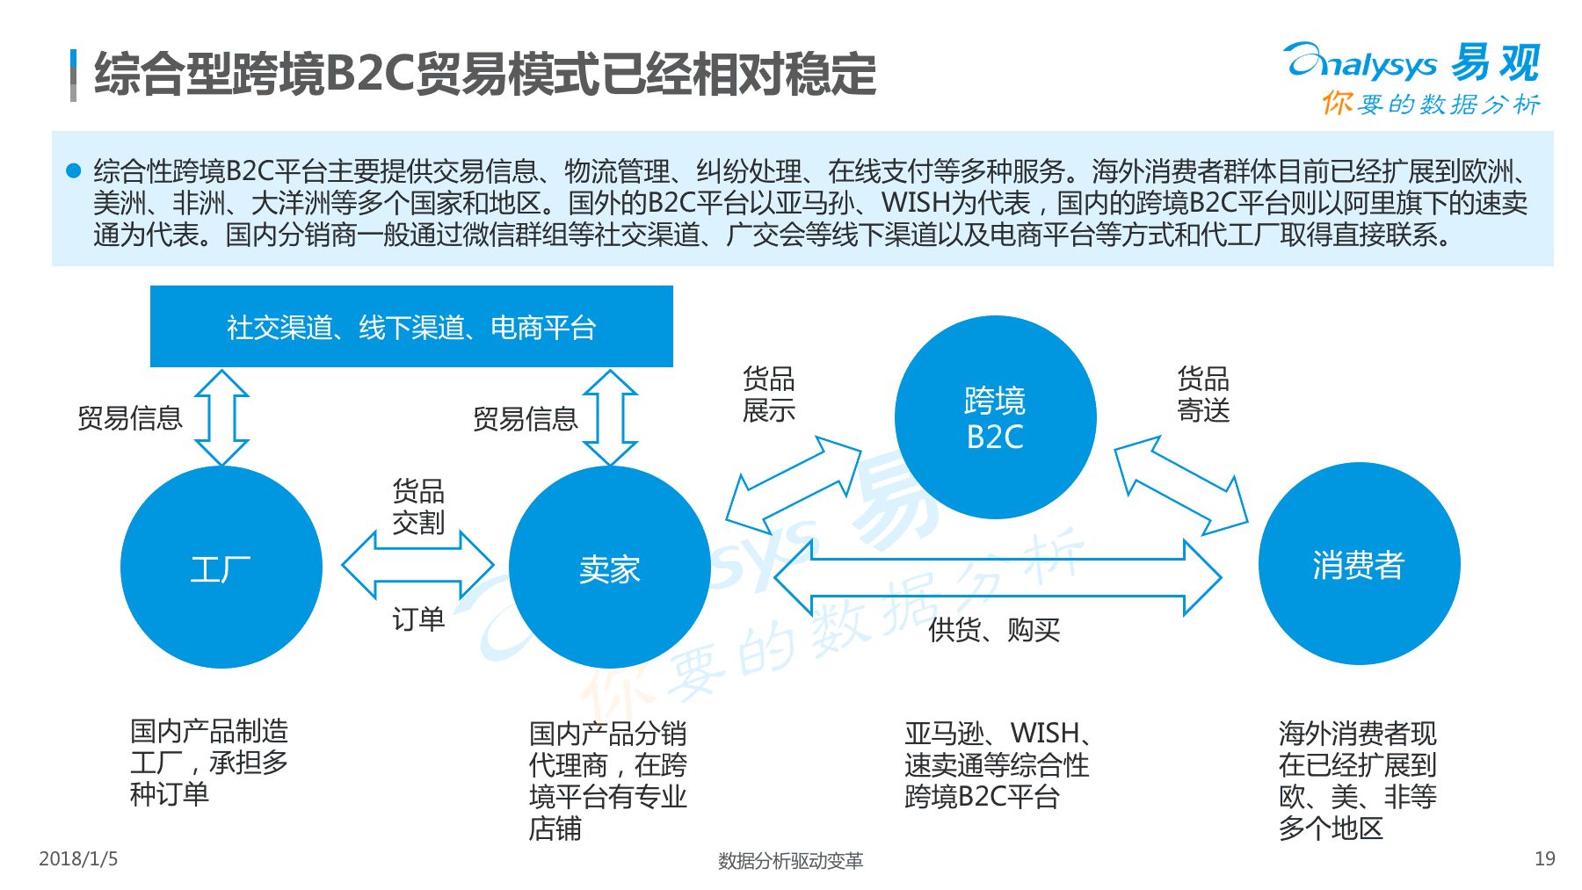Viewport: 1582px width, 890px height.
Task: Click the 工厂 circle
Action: [x=221, y=567]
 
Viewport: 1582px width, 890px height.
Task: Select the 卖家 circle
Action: [x=610, y=567]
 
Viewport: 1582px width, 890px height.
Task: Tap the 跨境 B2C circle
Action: [x=996, y=417]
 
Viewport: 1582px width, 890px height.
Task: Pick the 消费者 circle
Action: [x=1359, y=563]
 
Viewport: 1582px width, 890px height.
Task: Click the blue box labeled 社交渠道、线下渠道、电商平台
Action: [x=411, y=326]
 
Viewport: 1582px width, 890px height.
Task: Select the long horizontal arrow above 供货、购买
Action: [x=998, y=577]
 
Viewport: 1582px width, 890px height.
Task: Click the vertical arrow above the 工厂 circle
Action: [x=221, y=417]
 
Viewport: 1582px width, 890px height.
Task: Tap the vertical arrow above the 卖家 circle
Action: [x=610, y=417]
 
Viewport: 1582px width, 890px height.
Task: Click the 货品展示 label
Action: [x=769, y=394]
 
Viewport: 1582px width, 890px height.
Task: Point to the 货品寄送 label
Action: [x=1203, y=394]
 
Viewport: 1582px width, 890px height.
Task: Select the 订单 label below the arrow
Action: [x=418, y=619]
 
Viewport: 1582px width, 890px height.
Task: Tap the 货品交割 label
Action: [x=418, y=506]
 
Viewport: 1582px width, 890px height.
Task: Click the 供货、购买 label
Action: [x=994, y=630]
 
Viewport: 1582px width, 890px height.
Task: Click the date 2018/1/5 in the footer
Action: [x=78, y=858]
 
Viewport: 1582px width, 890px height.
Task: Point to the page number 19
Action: [x=1545, y=858]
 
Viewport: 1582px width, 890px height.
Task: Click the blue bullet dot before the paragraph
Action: [x=74, y=170]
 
